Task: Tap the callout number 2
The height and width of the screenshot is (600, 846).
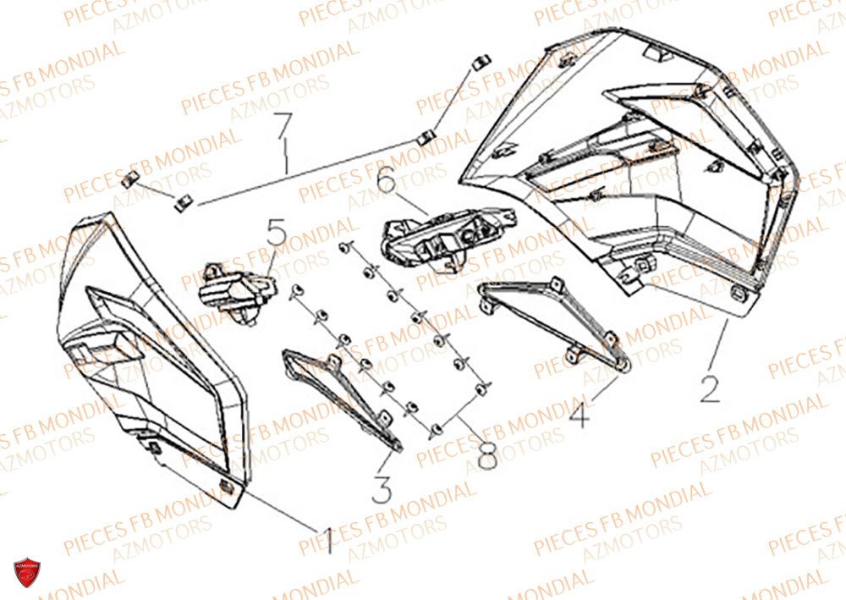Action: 710,387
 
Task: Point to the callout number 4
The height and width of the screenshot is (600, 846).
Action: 580,415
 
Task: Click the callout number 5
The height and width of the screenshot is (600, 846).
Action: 277,232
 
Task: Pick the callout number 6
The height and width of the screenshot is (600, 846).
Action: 387,180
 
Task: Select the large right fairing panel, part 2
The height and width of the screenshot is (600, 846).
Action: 643,161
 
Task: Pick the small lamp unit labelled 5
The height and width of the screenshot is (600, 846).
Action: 230,291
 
